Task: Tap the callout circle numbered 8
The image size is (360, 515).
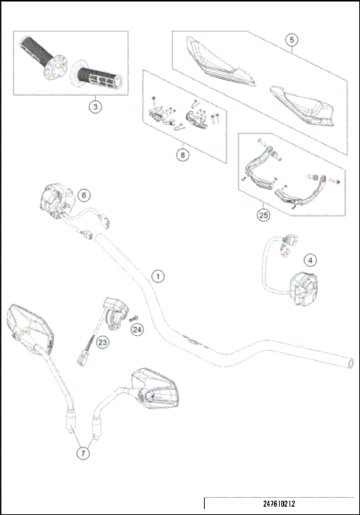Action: coord(181,155)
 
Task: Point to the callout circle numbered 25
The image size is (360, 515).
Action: coord(262,214)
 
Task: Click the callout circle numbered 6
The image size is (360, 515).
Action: coord(83,194)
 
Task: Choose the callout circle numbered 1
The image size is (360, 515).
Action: coord(157,275)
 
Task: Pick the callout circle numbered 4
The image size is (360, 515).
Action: coord(311,260)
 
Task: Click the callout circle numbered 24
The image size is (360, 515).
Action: coord(136,328)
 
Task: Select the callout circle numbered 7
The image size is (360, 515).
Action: coord(83,453)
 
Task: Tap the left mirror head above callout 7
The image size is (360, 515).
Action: coord(28,328)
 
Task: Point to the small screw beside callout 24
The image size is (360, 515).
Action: coord(134,314)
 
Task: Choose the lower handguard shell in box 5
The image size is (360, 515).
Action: coord(300,105)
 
